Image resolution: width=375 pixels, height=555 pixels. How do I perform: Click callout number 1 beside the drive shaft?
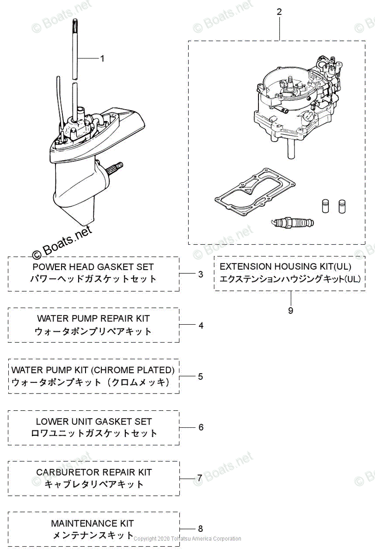pos(102,59)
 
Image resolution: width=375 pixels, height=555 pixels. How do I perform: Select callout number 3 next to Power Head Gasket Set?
pos(200,274)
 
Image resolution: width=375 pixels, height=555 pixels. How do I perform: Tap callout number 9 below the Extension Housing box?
pos(290,310)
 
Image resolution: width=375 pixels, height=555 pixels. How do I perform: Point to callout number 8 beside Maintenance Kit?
pos(200,529)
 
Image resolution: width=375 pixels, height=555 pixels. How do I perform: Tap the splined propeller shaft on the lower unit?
pos(115,166)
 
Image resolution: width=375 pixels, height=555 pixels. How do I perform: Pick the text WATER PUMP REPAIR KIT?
pos(93,318)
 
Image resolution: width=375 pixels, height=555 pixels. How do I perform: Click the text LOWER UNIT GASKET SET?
pos(93,421)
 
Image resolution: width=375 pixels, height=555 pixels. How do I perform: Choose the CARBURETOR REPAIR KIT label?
pos(93,472)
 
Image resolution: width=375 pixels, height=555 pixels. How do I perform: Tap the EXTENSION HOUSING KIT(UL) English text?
pos(285,266)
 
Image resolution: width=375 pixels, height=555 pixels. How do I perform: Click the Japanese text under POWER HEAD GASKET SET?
pos(93,279)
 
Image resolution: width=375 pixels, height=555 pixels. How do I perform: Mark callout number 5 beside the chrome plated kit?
pos(200,376)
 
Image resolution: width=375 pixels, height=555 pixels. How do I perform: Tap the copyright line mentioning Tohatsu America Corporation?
pos(187,538)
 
